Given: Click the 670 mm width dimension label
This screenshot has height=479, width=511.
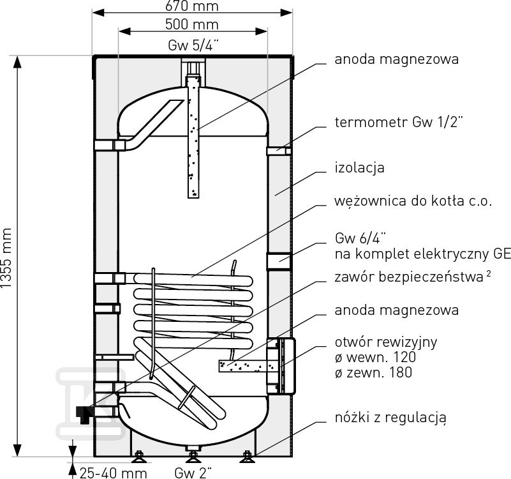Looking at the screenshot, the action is pyautogui.click(x=192, y=6).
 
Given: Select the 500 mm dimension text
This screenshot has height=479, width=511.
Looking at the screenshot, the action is pyautogui.click(x=192, y=24).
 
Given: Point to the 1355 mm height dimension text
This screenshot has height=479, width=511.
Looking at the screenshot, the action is pyautogui.click(x=6, y=258).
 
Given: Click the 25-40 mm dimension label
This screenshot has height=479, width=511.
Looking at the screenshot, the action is pyautogui.click(x=114, y=473).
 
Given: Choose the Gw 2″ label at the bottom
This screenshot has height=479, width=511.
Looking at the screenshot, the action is pyautogui.click(x=193, y=473).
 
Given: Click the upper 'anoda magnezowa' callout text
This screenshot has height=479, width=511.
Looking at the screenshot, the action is pyautogui.click(x=397, y=59).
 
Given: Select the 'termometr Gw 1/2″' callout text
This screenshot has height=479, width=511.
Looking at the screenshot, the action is pyautogui.click(x=399, y=122).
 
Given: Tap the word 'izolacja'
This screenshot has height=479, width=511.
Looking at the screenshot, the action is pyautogui.click(x=359, y=168).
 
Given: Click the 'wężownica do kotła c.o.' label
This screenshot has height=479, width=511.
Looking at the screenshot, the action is pyautogui.click(x=413, y=201).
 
